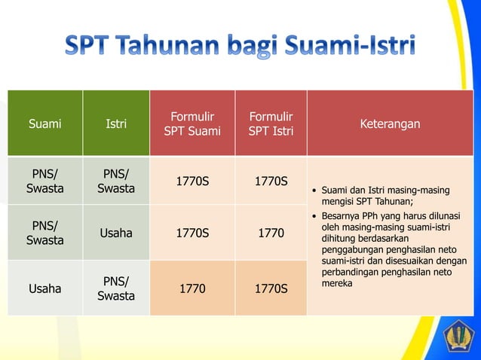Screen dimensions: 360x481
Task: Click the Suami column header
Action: [44, 124]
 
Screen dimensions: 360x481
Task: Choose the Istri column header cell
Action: [116, 124]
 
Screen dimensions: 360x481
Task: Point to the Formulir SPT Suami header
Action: [192, 124]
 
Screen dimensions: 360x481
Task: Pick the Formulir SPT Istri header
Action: [271, 124]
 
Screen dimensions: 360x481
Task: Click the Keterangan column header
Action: [390, 124]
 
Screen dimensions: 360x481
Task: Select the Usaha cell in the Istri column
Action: [116, 233]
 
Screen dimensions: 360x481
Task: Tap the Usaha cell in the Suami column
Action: [44, 288]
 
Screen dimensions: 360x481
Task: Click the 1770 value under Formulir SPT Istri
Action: [271, 233]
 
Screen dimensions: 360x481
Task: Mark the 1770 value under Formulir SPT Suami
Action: [192, 288]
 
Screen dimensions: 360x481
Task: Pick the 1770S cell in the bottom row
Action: [271, 288]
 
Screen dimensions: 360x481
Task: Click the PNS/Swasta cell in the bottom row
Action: [116, 288]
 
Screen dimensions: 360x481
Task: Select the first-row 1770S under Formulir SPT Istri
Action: [271, 182]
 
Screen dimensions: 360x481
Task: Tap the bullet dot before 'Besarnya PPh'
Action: [314, 214]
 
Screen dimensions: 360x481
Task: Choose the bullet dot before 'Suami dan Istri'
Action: [314, 190]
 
